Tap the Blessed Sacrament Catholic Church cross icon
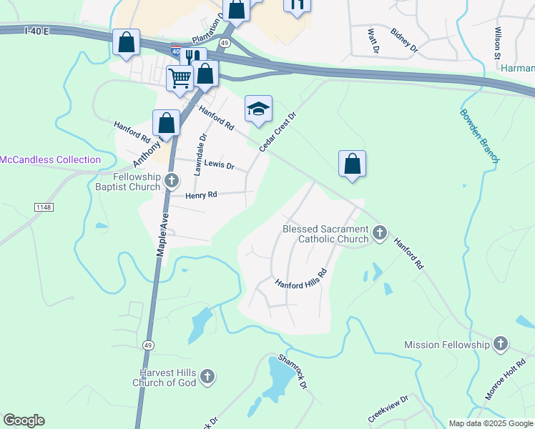pyautogui.click(x=380, y=232)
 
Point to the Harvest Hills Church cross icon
pyautogui.click(x=207, y=375)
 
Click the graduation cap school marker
pyautogui.click(x=258, y=109)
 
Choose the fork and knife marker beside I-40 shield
pyautogui.click(x=192, y=57)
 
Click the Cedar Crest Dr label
pyautogui.click(x=278, y=131)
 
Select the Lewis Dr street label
pyautogui.click(x=220, y=164)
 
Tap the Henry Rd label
pyautogui.click(x=201, y=194)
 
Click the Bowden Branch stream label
pyautogui.click(x=478, y=136)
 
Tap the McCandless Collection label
pyautogui.click(x=50, y=159)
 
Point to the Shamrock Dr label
pyautogui.click(x=293, y=371)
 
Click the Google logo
pyautogui.click(x=24, y=420)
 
